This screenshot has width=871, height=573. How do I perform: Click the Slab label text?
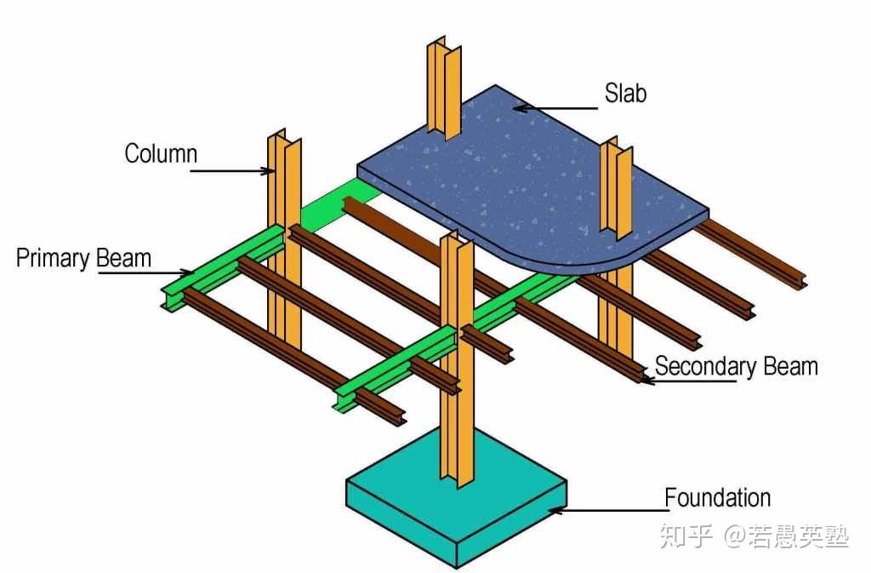(625, 93)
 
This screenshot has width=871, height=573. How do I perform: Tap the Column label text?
(161, 153)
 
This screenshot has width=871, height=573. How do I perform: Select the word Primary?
(54, 259)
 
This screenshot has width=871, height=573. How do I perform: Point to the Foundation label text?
(718, 497)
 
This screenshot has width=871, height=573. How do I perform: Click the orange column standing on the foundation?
(457, 361)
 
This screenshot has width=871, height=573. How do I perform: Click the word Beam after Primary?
(124, 258)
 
